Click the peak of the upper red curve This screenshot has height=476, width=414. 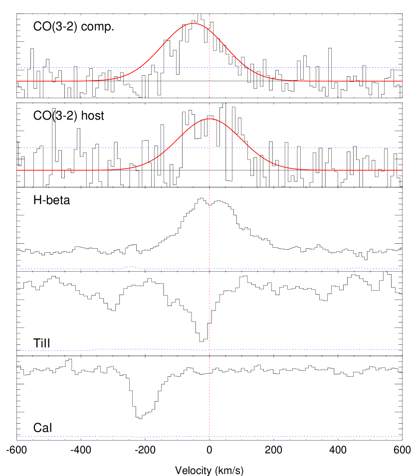coord(194,23)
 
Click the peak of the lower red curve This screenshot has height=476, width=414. coord(209,119)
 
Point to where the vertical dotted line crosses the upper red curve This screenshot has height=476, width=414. coord(209,30)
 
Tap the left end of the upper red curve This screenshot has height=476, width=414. coord(17,81)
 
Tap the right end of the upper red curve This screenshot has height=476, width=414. coord(402,81)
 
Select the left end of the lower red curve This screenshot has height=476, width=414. coord(17,170)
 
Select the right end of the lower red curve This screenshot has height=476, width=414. coord(402,170)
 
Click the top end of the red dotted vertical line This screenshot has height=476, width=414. coord(209,16)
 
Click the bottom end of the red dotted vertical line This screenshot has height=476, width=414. coord(209,440)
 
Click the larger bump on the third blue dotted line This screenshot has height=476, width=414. coord(131,267)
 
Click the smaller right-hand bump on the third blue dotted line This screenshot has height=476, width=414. coord(356,268)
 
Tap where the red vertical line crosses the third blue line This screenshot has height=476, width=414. coord(209,269)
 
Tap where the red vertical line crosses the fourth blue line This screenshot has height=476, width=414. coord(209,350)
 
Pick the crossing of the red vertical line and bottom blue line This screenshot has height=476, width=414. coord(209,437)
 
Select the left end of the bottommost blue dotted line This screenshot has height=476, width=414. coord(17,437)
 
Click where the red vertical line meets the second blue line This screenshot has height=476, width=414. coord(209,148)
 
